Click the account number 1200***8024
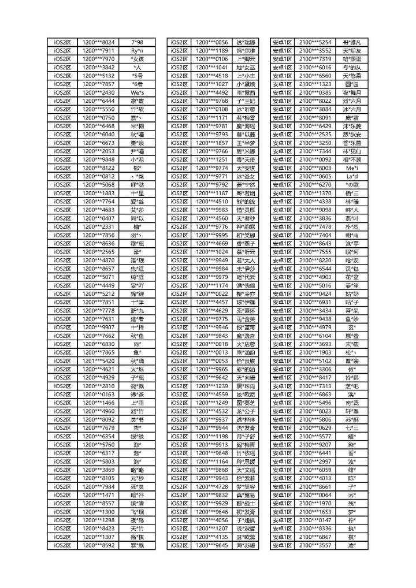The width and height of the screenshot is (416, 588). [99, 42]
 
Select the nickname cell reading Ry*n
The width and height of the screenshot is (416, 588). [137, 51]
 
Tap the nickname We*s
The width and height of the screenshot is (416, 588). [137, 92]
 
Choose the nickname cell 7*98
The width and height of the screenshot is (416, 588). [137, 42]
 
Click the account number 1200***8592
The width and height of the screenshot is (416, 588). [99, 545]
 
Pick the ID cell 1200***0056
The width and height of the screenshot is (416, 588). [212, 42]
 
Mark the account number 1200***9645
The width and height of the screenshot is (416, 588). [212, 545]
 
